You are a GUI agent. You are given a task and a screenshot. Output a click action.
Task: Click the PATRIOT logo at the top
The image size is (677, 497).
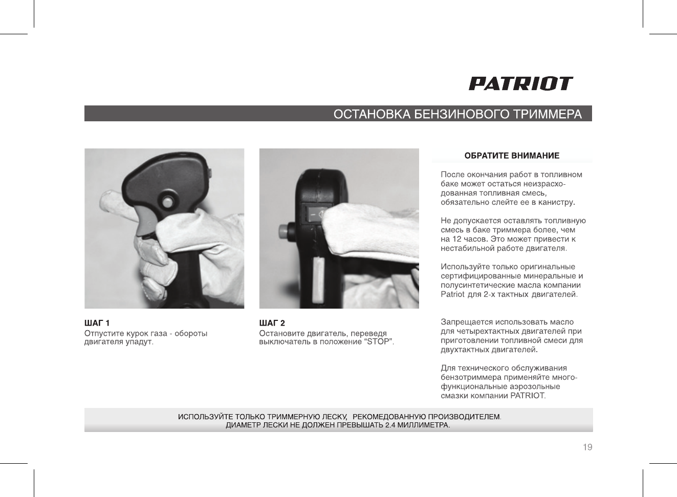(x=520, y=84)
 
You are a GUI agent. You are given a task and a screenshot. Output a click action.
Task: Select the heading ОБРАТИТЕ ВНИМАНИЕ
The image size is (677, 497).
(x=512, y=156)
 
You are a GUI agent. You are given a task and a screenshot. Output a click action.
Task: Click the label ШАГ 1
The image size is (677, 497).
(x=97, y=323)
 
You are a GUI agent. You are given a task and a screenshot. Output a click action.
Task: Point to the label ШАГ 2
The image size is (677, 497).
(x=272, y=323)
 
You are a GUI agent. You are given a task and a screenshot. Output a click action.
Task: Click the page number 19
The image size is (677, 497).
(x=587, y=448)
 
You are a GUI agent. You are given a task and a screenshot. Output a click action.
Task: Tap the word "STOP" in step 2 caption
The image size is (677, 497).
(x=378, y=342)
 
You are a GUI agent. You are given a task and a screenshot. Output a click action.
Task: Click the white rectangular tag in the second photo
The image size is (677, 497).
(x=318, y=279)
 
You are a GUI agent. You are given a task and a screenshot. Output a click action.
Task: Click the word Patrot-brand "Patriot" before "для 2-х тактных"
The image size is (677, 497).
(x=452, y=295)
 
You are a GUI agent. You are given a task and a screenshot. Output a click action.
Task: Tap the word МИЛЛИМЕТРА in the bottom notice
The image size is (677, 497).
(x=424, y=425)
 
